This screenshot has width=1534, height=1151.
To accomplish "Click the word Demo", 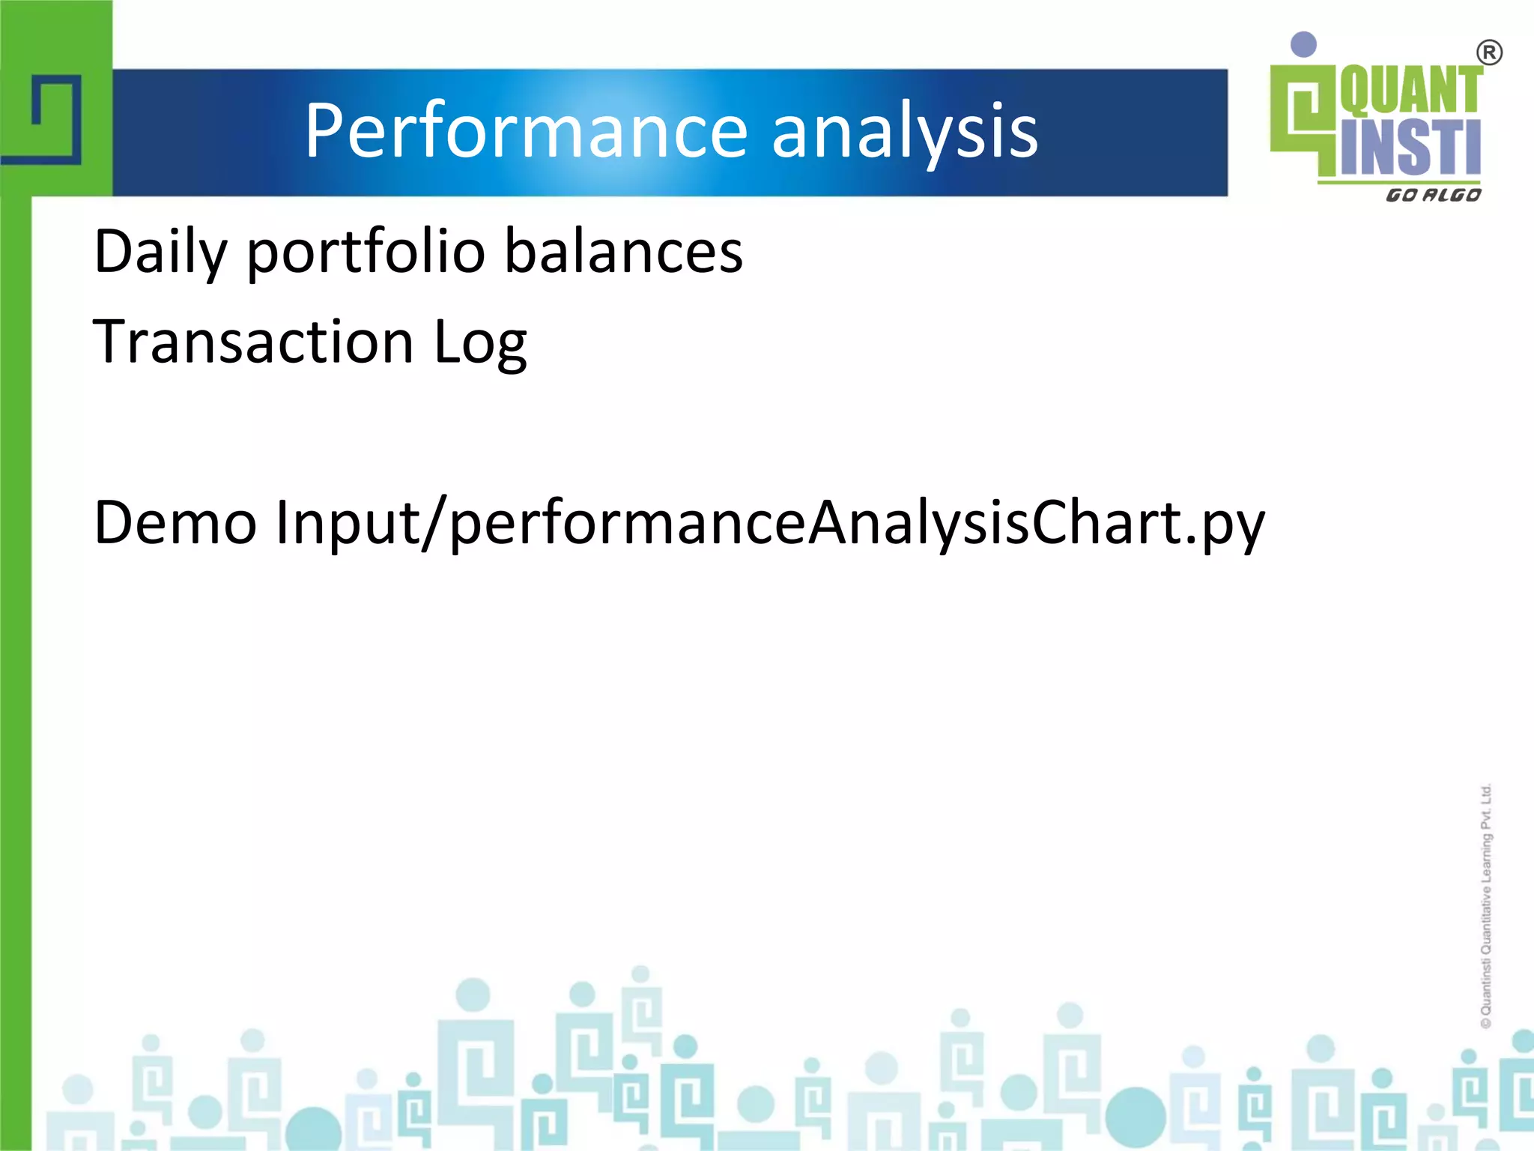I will [x=175, y=522].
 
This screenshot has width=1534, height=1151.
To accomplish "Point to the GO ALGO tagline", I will [x=1433, y=195].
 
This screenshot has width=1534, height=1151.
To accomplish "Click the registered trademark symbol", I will [x=1489, y=53].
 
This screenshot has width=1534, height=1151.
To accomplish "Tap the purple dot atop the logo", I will [x=1304, y=44].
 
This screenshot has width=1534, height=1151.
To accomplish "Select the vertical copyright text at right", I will [x=1486, y=907].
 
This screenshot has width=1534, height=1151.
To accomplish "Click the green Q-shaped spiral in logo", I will [x=1304, y=112].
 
